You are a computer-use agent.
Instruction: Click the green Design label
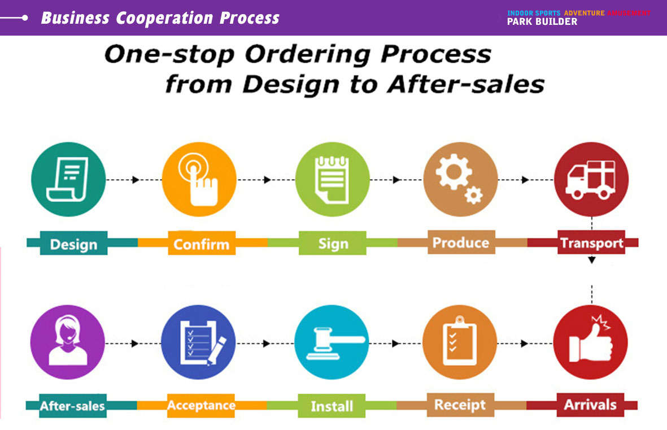coord(73,243)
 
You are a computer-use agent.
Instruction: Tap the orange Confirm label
coord(202,243)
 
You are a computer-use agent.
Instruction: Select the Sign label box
coord(333,243)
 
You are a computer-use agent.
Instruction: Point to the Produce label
coord(461,242)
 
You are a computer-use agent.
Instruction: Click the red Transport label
coord(591,242)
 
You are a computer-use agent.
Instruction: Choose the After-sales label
coord(73,406)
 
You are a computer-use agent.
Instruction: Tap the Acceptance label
coord(201,406)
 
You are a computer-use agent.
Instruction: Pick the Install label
coord(332,406)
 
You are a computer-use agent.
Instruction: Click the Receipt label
coord(460,405)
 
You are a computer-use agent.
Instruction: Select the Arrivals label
coord(590,405)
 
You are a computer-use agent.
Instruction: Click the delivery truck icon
coord(591,180)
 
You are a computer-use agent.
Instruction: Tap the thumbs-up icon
coord(591,339)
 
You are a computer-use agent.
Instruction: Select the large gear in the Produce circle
coord(454,172)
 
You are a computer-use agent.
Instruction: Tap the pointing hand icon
coord(199,179)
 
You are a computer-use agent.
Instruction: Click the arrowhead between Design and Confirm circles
coord(136,180)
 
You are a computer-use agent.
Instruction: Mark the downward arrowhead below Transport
coord(592,260)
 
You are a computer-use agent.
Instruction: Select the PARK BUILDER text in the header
coord(542,21)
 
